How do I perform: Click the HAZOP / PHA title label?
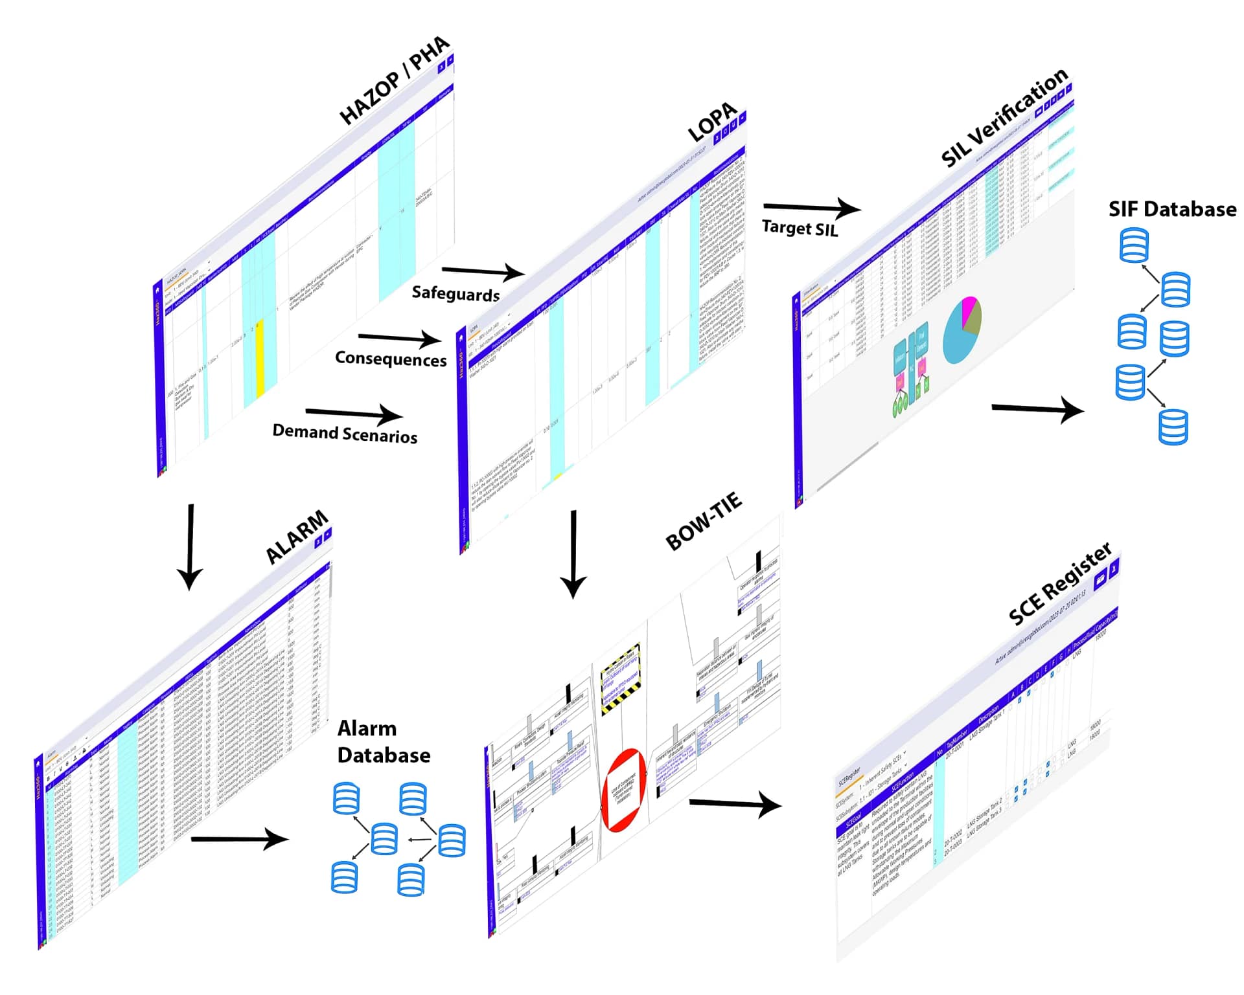(x=395, y=81)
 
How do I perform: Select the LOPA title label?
(x=712, y=122)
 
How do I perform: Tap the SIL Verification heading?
(x=1004, y=118)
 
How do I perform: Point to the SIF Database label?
(x=1171, y=209)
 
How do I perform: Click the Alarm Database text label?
(x=384, y=742)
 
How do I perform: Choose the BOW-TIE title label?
(x=704, y=521)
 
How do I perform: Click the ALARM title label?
(x=297, y=537)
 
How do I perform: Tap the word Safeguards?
(x=455, y=294)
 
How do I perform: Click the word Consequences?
(x=391, y=359)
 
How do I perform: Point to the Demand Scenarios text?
(x=345, y=433)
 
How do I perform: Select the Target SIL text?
(x=800, y=228)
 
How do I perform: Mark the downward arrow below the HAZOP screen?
(x=190, y=547)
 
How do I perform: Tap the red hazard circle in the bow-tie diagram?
(x=623, y=790)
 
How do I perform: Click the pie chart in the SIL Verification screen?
(x=962, y=330)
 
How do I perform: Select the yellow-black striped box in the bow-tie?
(x=621, y=678)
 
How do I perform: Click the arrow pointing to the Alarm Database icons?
(x=240, y=839)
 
